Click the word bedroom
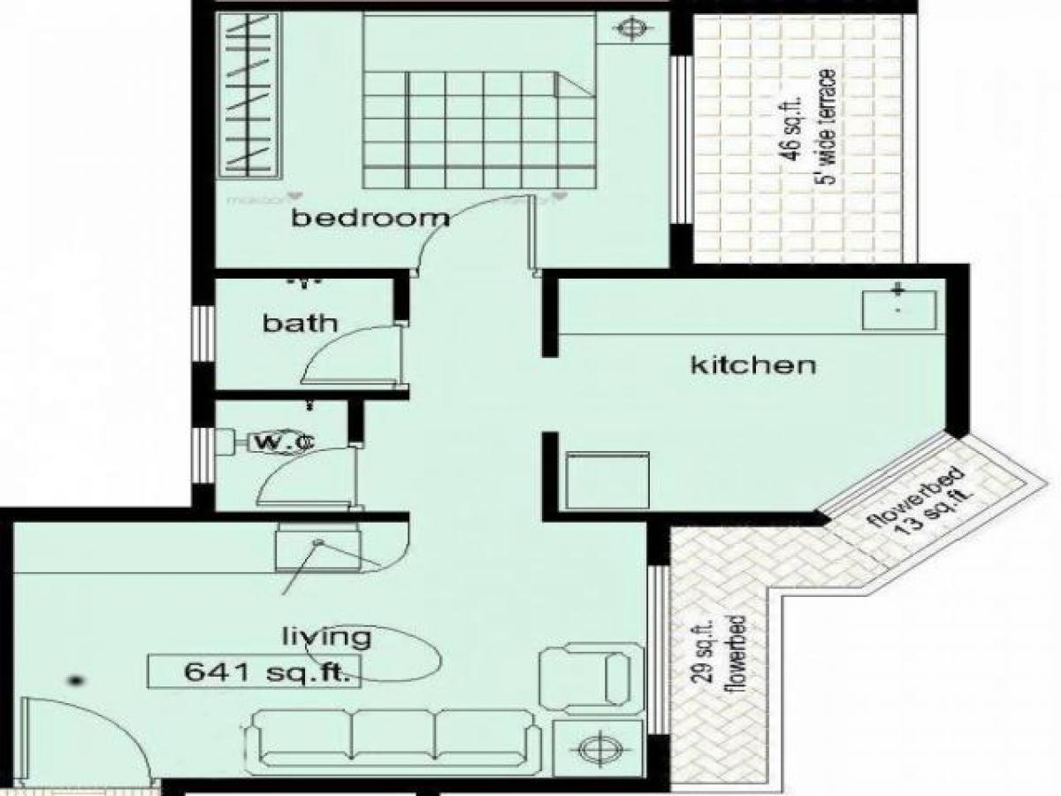point(370,218)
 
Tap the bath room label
point(300,323)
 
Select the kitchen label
point(752,364)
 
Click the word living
point(325,636)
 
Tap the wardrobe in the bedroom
point(248,98)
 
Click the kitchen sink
point(898,308)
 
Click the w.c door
point(309,473)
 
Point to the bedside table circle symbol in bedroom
point(630,28)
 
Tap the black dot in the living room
point(77,680)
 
